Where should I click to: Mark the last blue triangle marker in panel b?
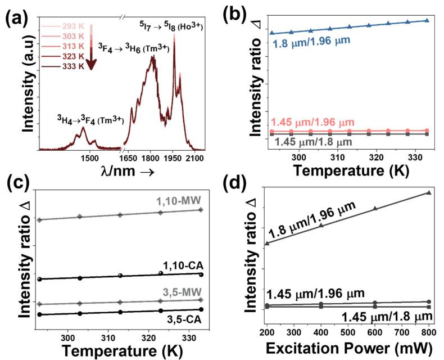coord(427,20)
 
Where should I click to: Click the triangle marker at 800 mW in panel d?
coord(429,193)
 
